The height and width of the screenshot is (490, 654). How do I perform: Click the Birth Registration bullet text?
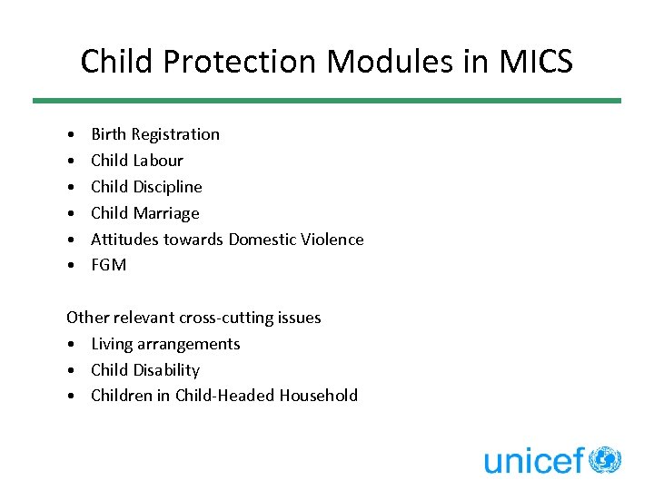155,134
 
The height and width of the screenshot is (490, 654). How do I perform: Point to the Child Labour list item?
137,161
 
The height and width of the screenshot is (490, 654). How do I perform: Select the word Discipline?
168,187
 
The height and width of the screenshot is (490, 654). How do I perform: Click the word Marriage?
166,213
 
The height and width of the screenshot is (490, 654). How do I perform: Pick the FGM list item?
109,265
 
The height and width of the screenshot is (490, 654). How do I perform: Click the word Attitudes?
124,240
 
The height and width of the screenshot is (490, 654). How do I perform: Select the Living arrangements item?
165,344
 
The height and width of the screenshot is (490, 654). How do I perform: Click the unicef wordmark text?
534,461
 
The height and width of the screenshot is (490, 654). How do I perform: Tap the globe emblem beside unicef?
605,460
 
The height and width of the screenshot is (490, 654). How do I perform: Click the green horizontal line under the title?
327,101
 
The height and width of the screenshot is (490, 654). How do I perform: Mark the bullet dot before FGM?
71,266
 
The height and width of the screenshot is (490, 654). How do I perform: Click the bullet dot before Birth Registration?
71,135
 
